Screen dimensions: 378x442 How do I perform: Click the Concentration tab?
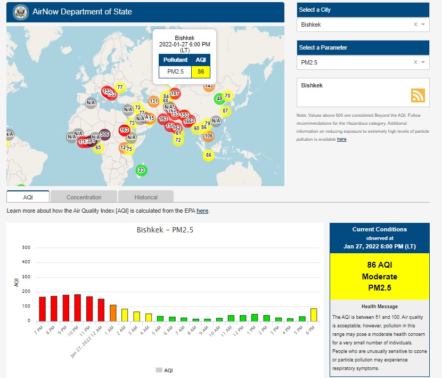[x=84, y=197]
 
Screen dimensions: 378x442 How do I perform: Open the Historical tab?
[x=145, y=197]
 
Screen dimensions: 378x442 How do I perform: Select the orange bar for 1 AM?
[x=113, y=313]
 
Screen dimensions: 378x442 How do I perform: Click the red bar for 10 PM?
[x=78, y=308]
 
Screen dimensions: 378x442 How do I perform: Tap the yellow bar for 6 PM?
[x=314, y=315]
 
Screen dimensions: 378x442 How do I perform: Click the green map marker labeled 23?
[x=141, y=170]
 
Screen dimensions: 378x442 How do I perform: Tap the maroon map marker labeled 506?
[x=104, y=134]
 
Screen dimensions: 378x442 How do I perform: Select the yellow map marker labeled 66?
[x=208, y=155]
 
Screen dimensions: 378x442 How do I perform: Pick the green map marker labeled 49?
[x=219, y=99]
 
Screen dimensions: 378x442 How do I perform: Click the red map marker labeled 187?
[x=175, y=93]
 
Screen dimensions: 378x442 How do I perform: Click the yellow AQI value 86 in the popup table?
[x=201, y=71]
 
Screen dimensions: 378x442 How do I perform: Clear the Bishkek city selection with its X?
[x=415, y=25]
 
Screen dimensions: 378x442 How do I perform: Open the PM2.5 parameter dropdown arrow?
[x=423, y=62]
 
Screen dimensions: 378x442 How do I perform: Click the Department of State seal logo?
[x=20, y=11]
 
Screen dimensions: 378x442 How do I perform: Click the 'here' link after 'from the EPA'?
[x=202, y=211]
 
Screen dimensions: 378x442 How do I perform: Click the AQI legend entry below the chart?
[x=165, y=370]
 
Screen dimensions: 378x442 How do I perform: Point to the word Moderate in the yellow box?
[x=379, y=277]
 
